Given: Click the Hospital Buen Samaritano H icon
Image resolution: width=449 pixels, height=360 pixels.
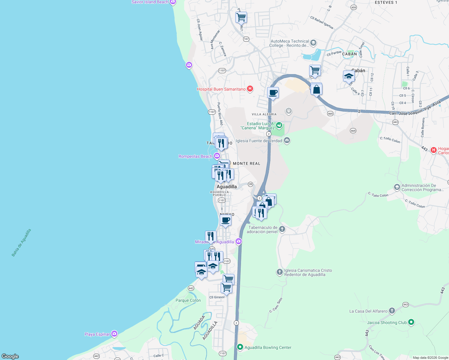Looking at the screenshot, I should [x=250, y=89].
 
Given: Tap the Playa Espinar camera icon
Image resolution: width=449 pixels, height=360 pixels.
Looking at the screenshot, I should [x=114, y=334].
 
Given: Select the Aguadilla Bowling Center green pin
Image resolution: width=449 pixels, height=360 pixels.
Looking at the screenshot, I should [x=240, y=347].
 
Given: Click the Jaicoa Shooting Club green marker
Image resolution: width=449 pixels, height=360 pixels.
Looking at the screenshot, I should [x=411, y=322].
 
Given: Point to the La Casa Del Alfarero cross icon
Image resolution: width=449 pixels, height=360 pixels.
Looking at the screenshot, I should [x=392, y=311].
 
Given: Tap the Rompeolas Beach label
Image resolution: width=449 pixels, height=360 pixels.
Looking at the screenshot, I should [x=195, y=156].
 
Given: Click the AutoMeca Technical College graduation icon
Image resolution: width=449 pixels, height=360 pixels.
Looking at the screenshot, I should [x=313, y=43].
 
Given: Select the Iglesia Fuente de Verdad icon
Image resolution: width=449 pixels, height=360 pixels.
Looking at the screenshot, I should [x=287, y=140].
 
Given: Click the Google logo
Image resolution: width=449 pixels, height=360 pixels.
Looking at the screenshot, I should [x=10, y=356].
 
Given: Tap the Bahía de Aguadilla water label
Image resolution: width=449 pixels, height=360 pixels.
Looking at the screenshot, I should [x=21, y=243].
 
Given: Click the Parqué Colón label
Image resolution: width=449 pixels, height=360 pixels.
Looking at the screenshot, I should [x=188, y=300].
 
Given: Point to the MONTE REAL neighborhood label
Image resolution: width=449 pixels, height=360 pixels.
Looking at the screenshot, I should [x=246, y=163].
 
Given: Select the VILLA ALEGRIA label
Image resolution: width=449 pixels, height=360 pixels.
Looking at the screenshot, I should [x=264, y=114].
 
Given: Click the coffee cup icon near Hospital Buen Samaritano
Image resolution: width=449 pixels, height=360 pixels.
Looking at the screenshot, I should [x=273, y=93].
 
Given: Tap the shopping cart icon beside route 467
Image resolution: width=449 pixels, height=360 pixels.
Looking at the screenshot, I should [x=241, y=17].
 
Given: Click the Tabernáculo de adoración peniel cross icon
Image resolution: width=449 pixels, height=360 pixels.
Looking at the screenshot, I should [x=282, y=229].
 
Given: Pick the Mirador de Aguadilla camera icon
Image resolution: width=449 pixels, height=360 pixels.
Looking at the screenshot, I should [x=239, y=241].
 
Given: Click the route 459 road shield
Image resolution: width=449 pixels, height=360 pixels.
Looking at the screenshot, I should [x=354, y=7].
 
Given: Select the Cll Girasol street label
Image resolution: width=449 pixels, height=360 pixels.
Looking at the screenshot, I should [x=217, y=297].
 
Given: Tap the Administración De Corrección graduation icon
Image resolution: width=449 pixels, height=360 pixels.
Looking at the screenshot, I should [x=397, y=187].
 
